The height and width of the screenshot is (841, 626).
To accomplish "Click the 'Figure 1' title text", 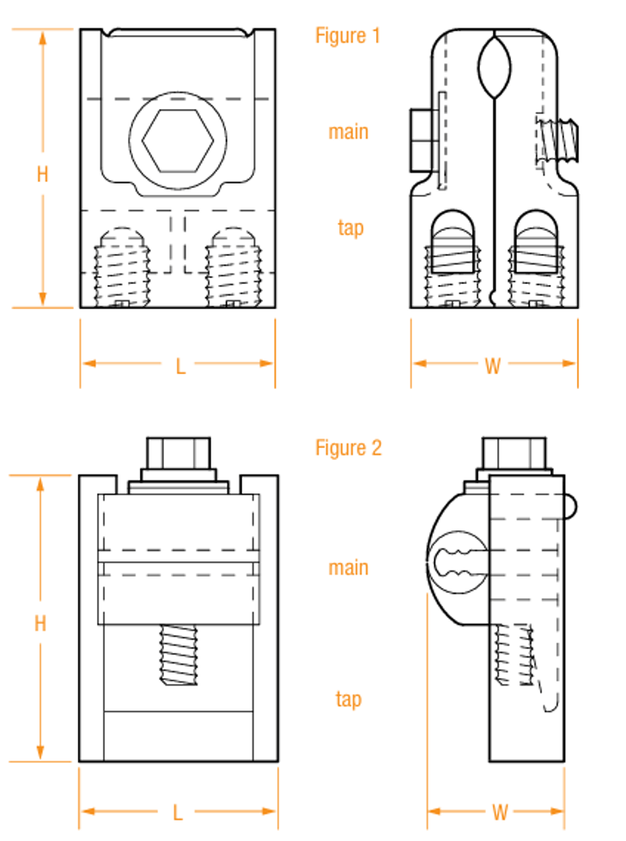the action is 348,36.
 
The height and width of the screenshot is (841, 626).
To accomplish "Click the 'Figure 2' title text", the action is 349,448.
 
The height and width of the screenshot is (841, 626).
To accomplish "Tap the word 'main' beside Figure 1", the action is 349,132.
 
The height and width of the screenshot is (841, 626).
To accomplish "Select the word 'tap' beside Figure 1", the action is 350,228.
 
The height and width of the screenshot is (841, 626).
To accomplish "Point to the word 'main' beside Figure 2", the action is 349,567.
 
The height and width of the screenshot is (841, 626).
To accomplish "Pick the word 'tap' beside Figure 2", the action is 349,699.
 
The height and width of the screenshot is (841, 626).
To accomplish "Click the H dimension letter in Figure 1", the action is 42,174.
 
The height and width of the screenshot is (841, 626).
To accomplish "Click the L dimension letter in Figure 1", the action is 180,366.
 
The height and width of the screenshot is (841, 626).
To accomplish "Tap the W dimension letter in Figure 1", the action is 492,366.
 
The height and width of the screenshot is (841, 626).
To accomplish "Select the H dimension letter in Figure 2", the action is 40,624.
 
